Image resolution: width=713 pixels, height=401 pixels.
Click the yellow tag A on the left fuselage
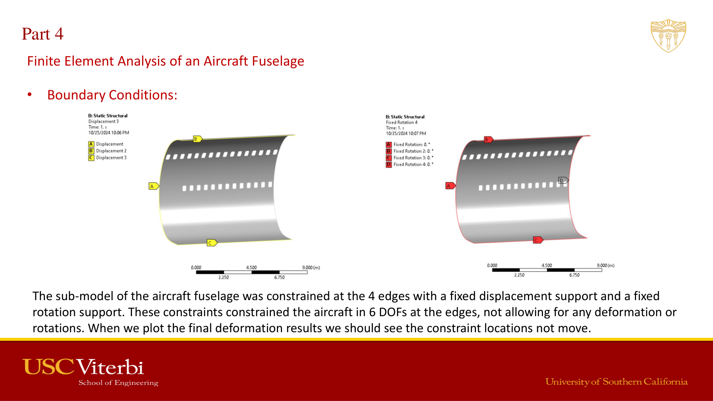154,186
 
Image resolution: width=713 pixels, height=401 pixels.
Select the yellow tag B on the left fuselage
198,139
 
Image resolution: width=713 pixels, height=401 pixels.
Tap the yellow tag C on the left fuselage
212,243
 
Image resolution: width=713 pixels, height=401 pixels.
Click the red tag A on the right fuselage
451,186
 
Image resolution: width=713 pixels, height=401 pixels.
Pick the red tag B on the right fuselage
488,140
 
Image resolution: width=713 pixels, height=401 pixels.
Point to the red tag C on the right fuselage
538,240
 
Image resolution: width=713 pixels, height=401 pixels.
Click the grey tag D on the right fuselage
563,180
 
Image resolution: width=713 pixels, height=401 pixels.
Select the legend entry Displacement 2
107,151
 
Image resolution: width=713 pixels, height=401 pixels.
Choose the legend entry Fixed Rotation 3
410,158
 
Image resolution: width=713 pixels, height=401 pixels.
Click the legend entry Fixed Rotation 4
410,164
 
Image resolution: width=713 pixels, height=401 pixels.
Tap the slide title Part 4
42,34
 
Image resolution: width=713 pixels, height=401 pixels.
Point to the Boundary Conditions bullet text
112,95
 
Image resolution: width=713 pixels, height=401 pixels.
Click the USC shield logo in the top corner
668,36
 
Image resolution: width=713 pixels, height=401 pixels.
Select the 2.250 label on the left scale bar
224,277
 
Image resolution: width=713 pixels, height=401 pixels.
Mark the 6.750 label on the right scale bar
574,275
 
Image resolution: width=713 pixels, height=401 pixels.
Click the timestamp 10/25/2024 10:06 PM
109,133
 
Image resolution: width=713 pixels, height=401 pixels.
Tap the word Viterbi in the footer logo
110,367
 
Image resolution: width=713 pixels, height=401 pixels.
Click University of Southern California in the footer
616,382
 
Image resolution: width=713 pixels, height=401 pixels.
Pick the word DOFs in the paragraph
393,312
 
